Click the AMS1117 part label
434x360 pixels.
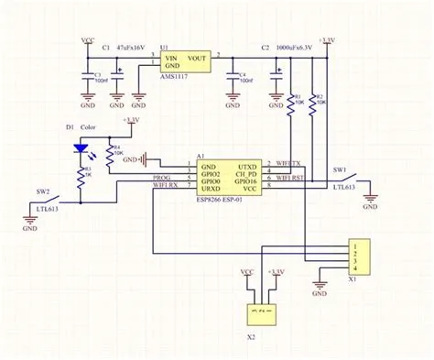(175, 80)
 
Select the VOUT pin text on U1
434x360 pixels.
(195, 58)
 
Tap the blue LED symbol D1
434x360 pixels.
(81, 147)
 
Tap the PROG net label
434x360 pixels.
(161, 178)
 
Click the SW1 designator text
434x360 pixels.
(340, 170)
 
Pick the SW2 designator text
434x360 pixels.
(41, 192)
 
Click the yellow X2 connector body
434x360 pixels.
(261, 312)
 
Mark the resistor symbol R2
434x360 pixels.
(312, 104)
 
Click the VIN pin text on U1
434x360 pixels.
(171, 58)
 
